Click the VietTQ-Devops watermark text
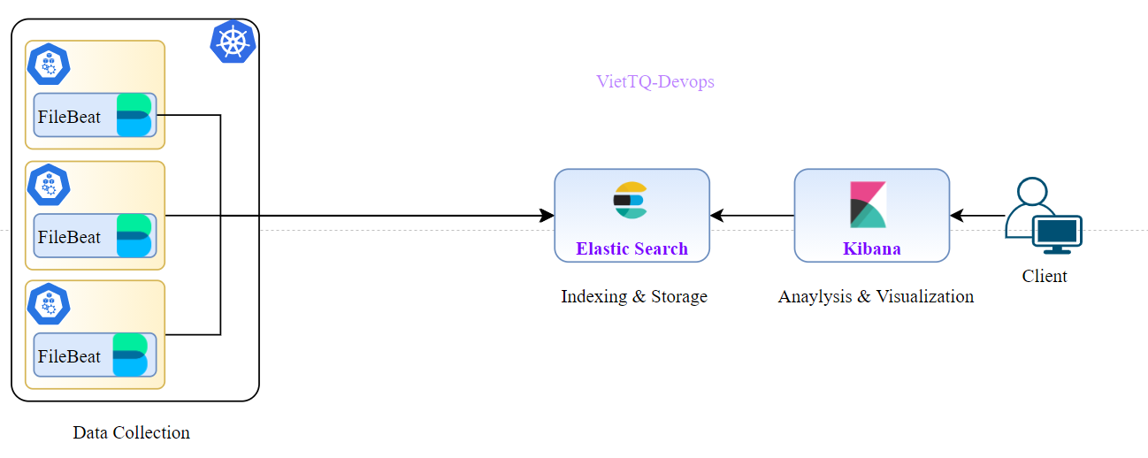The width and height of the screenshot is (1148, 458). click(655, 82)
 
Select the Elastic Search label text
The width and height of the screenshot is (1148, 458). click(631, 248)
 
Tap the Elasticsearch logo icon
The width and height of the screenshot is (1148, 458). click(631, 200)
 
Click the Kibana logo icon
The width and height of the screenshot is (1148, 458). click(868, 204)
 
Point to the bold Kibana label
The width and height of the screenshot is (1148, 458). click(871, 248)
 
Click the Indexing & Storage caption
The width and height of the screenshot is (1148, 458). click(634, 296)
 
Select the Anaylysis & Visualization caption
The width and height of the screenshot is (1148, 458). click(876, 296)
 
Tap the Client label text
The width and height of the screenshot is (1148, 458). click(1045, 276)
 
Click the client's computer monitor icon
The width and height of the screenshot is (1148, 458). click(1058, 233)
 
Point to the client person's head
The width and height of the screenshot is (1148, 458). click(1031, 192)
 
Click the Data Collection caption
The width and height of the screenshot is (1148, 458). click(131, 432)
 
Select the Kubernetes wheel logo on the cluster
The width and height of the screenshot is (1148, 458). click(233, 42)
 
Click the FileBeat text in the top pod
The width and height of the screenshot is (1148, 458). click(69, 117)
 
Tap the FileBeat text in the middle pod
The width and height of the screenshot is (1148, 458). click(69, 237)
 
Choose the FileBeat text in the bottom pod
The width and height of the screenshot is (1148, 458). click(69, 356)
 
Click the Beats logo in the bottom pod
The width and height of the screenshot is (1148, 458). click(131, 355)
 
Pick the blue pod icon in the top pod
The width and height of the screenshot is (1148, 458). click(49, 65)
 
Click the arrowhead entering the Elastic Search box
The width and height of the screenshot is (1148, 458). click(547, 216)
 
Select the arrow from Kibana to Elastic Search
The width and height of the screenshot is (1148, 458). click(752, 216)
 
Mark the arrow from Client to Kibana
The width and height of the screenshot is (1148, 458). click(977, 216)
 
